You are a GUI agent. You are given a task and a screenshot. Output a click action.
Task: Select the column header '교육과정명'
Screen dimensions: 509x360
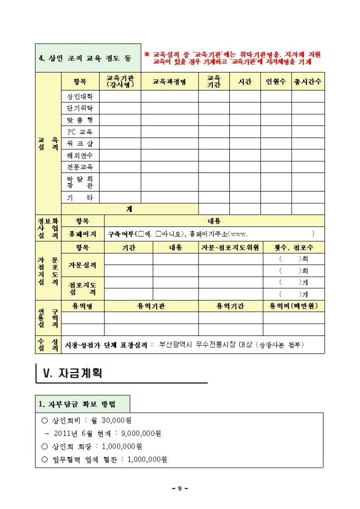[x=169, y=82]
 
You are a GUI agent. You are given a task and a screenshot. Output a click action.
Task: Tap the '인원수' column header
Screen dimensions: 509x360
[x=275, y=82]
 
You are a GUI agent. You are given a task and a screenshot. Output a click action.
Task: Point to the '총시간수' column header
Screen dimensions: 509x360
[x=308, y=82]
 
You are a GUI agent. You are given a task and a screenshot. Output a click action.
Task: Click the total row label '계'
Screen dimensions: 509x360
[x=129, y=209]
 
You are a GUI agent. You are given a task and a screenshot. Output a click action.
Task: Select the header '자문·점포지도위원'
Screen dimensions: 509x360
[x=230, y=247]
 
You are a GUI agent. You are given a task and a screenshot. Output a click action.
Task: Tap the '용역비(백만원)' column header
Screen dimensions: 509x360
[x=294, y=306]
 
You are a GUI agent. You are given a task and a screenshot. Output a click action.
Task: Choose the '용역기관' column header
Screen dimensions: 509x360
[x=151, y=306]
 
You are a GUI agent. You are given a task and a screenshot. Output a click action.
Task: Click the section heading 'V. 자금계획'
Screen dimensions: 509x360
[x=74, y=373]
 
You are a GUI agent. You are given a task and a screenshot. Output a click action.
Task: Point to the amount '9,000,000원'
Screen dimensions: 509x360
[x=141, y=433]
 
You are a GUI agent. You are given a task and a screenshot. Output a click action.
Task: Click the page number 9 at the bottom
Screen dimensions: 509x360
[x=180, y=488]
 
